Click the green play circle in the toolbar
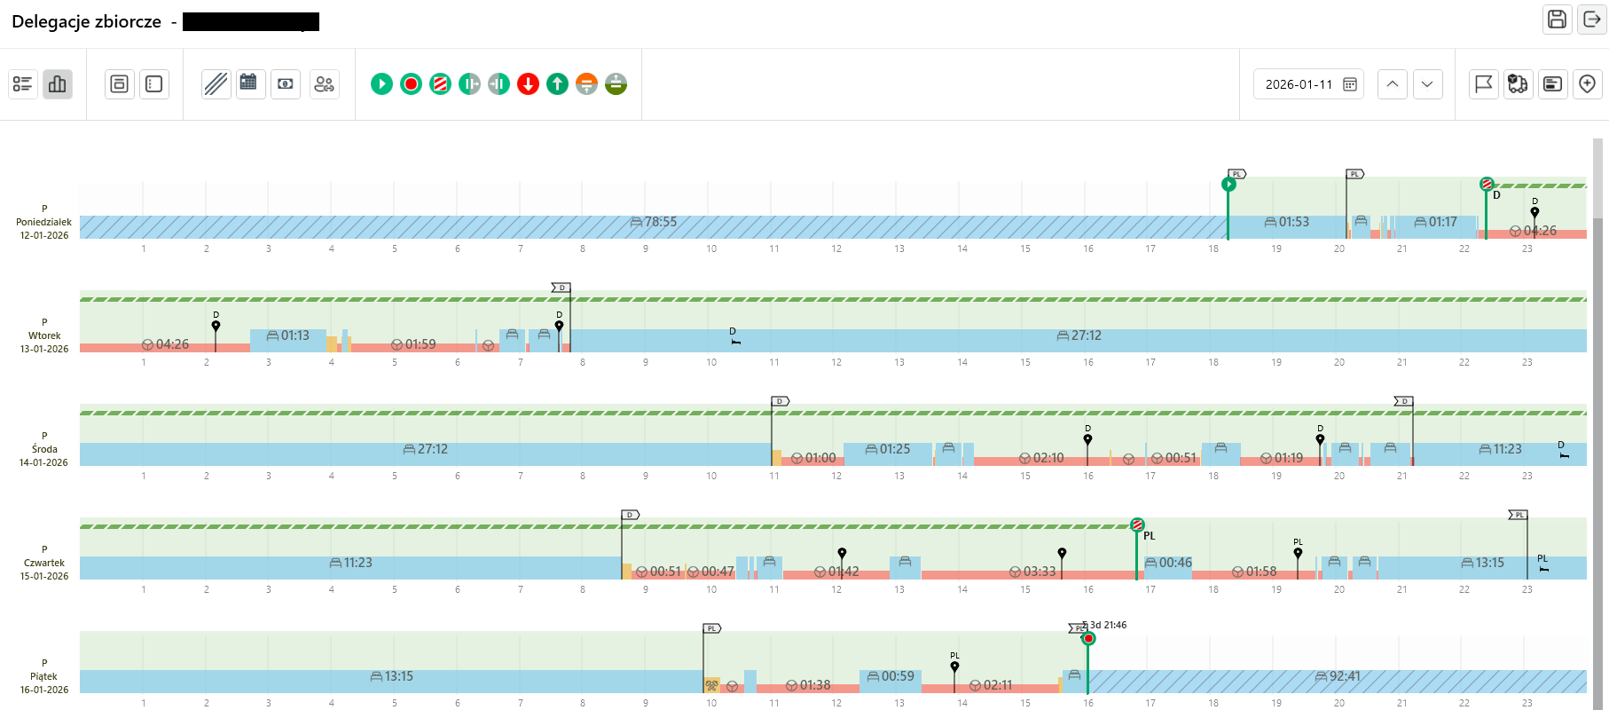coord(381,84)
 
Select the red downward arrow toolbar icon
coord(528,84)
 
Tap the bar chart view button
coord(58,84)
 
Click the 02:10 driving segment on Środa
coord(1048,458)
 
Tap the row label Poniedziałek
coord(43,222)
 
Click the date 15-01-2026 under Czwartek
coord(44,576)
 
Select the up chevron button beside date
coord(1393,84)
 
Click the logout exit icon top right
coord(1592,20)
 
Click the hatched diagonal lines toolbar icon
coord(216,84)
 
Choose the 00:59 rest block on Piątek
coord(897,676)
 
